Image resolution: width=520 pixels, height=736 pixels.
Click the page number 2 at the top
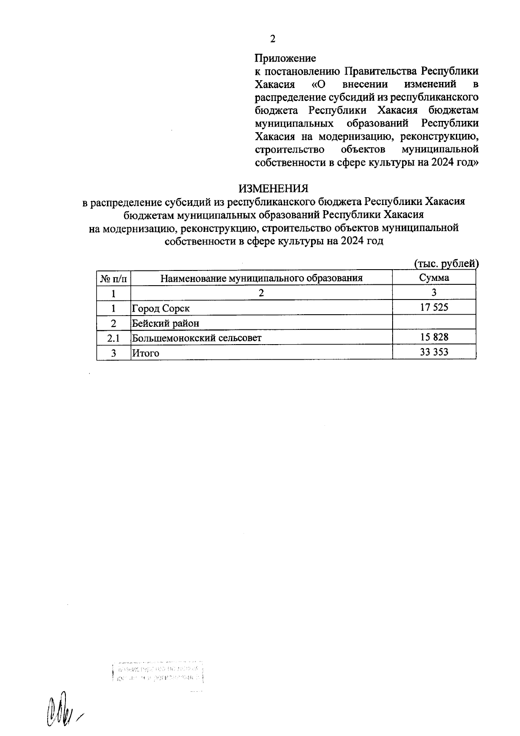tap(273, 39)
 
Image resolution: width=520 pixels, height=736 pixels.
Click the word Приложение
tap(285, 58)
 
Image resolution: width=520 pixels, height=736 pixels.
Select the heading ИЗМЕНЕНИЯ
tap(273, 189)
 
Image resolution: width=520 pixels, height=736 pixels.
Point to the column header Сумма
tap(434, 278)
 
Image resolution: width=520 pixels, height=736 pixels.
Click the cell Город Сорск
tap(161, 308)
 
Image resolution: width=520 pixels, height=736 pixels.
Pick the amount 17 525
tap(434, 308)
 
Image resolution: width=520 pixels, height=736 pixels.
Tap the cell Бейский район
tap(166, 323)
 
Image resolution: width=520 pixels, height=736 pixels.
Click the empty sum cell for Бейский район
tap(434, 323)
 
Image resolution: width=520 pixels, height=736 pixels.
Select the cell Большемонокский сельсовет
tap(197, 338)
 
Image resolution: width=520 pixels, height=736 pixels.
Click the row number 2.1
tap(114, 338)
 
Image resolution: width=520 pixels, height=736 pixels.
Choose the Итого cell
tap(146, 353)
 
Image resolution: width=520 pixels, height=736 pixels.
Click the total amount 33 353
tap(434, 352)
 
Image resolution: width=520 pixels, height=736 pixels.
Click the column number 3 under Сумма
tap(434, 293)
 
